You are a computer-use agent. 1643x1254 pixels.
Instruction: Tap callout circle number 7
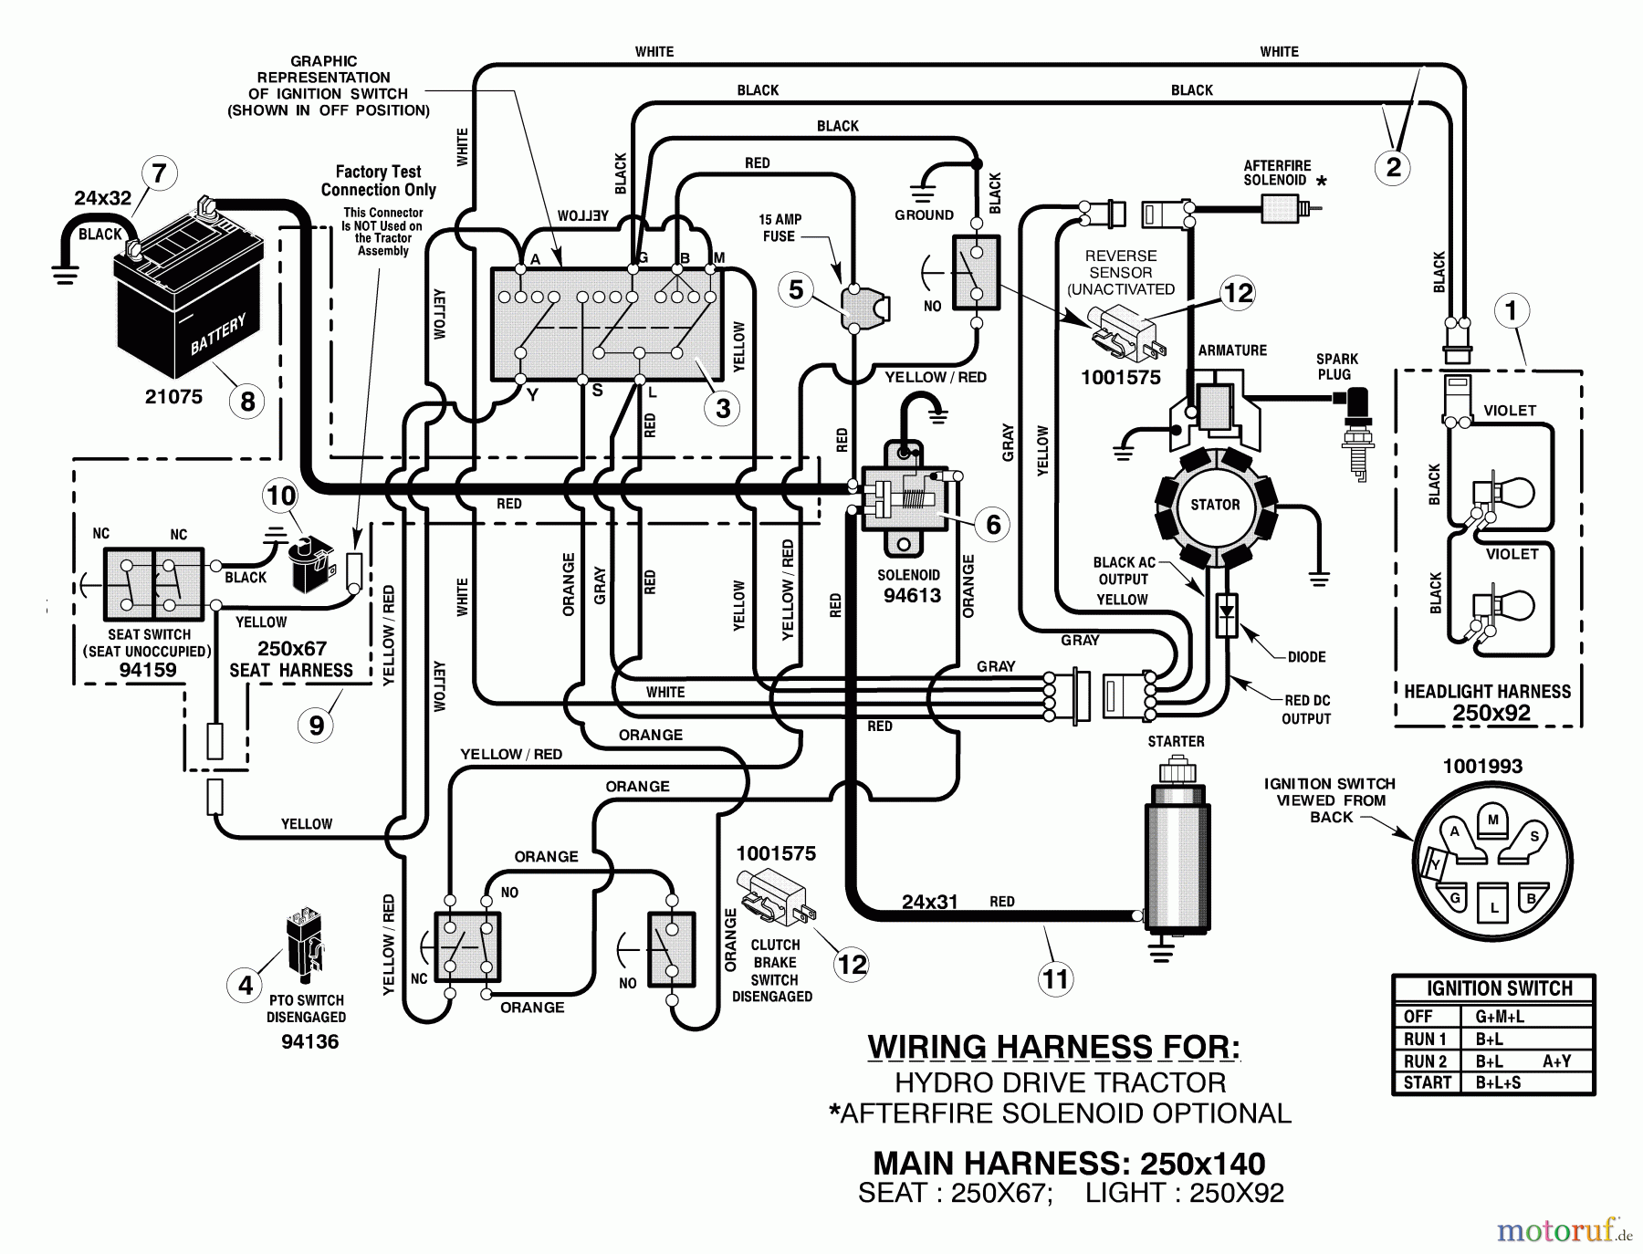coord(159,173)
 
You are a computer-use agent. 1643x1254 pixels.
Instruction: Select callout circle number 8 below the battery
coord(247,401)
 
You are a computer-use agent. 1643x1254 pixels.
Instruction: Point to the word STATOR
coord(1215,505)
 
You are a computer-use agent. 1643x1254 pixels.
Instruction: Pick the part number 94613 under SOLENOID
coord(912,596)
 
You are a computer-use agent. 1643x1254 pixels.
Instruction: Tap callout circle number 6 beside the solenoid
coord(993,524)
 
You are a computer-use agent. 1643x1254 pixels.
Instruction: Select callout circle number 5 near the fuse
coord(796,289)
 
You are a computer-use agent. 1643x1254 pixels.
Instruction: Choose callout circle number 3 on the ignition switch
coord(723,408)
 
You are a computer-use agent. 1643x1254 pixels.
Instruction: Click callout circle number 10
coord(280,496)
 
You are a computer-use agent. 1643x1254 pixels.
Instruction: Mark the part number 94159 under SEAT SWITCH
coord(148,670)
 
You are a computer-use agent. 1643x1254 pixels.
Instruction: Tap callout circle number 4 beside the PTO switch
coord(246,985)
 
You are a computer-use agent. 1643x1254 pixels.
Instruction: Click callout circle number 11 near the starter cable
coord(1055,979)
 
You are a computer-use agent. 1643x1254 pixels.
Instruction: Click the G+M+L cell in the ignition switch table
coord(1499,1017)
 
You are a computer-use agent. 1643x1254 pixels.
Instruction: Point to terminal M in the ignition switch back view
coord(1492,820)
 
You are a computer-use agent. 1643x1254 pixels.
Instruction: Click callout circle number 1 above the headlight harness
coord(1511,311)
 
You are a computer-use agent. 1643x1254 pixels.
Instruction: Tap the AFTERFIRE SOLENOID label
coord(1276,172)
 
